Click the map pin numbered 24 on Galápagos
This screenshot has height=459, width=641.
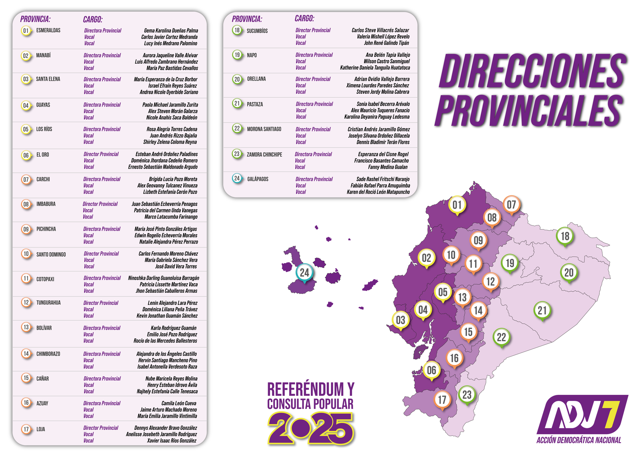click(x=304, y=273)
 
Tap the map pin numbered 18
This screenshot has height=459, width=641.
click(x=565, y=236)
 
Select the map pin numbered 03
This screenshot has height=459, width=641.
click(x=401, y=320)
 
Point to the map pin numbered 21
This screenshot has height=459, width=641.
click(x=542, y=310)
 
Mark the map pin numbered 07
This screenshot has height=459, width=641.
click(x=512, y=205)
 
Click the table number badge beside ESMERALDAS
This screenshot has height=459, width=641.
click(x=26, y=31)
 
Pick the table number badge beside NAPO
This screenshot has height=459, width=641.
click(x=237, y=55)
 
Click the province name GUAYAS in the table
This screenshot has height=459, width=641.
click(x=43, y=105)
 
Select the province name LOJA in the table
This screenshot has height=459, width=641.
click(x=41, y=429)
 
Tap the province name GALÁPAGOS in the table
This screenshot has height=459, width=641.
click(x=258, y=179)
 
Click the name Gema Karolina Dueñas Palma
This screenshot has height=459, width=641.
click(x=171, y=30)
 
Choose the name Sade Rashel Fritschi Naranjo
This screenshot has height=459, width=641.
click(x=383, y=179)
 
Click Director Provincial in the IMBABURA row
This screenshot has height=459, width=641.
click(x=100, y=204)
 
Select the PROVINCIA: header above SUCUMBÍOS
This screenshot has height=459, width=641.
click(x=247, y=19)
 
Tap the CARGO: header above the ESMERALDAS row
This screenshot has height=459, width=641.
click(x=93, y=19)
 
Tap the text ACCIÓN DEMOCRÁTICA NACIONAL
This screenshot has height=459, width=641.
click(x=579, y=440)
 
